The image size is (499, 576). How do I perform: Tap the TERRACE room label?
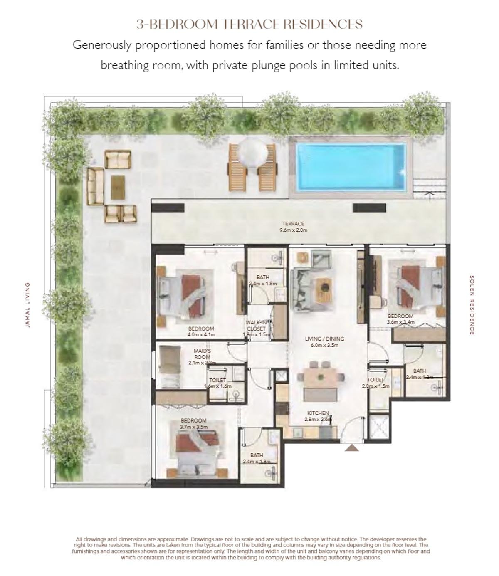click(x=293, y=224)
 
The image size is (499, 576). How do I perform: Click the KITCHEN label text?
click(x=318, y=413)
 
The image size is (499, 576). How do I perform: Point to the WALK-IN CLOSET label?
click(x=256, y=325)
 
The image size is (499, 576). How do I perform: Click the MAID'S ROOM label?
click(x=202, y=354)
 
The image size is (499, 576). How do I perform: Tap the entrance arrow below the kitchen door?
click(x=353, y=448)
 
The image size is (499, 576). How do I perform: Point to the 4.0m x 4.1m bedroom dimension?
click(x=201, y=334)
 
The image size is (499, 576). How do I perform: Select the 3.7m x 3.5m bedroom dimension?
click(x=193, y=427)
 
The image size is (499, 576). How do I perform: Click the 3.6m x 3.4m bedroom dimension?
click(x=400, y=321)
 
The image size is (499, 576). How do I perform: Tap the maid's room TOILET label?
click(x=217, y=380)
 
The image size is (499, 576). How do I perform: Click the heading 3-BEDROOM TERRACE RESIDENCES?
click(x=249, y=25)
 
